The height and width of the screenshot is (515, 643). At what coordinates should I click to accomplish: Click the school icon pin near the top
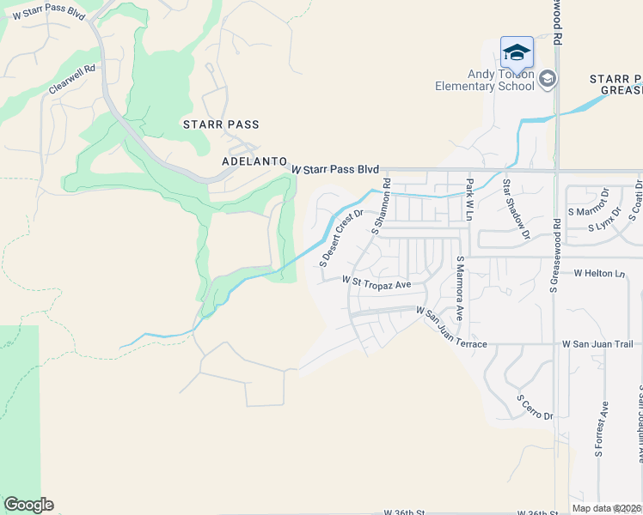point(517,53)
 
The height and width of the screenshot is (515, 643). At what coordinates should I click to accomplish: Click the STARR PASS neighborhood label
point(221,124)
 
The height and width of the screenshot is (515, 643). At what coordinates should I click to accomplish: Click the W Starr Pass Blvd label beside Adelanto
point(335,170)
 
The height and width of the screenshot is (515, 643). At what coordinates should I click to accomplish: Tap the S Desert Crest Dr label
point(341,238)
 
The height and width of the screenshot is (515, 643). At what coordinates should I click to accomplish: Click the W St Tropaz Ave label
point(377,282)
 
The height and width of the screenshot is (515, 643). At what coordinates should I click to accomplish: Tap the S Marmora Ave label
point(460,288)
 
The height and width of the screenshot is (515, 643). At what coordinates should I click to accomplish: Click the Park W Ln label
point(470,199)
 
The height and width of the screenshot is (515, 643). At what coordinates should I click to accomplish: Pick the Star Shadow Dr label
point(517,209)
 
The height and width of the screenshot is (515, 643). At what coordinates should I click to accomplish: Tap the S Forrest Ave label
point(604,428)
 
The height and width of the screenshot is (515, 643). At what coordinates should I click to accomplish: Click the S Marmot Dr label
point(589,211)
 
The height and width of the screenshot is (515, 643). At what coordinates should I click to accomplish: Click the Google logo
point(28,505)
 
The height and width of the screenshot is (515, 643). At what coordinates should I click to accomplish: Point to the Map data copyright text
point(606,508)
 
